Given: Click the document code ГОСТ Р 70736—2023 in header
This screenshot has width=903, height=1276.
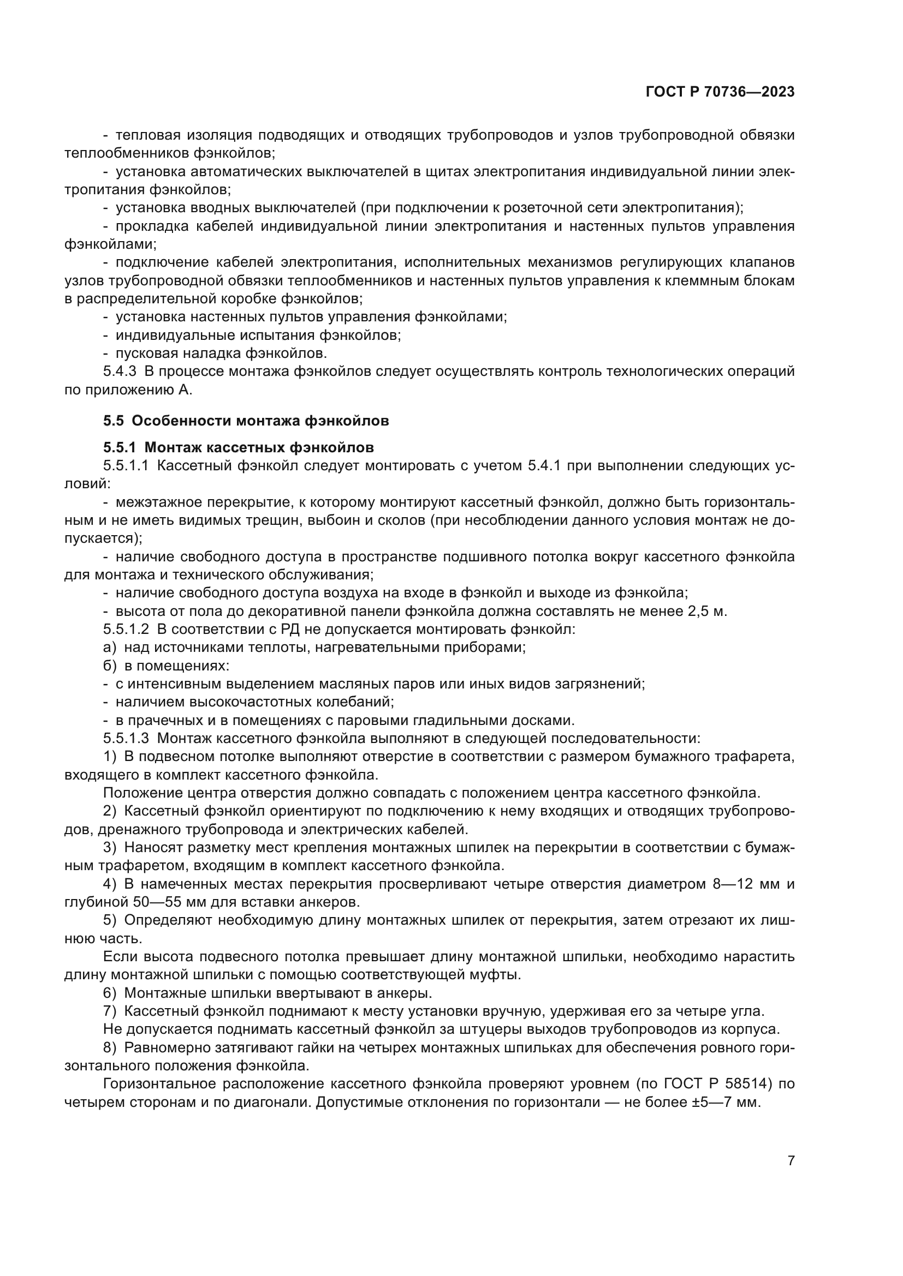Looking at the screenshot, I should point(720,92).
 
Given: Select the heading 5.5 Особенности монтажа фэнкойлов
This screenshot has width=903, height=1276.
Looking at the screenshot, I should point(246,421).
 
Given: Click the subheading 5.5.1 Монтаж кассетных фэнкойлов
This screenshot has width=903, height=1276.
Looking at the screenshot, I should point(239,447).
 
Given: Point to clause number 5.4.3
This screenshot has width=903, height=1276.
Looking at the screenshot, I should point(120,372).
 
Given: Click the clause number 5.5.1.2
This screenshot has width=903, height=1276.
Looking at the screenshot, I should point(126,630).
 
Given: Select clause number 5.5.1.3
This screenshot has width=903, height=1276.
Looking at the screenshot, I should point(126,739).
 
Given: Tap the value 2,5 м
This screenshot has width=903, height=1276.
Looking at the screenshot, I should point(707,612).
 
